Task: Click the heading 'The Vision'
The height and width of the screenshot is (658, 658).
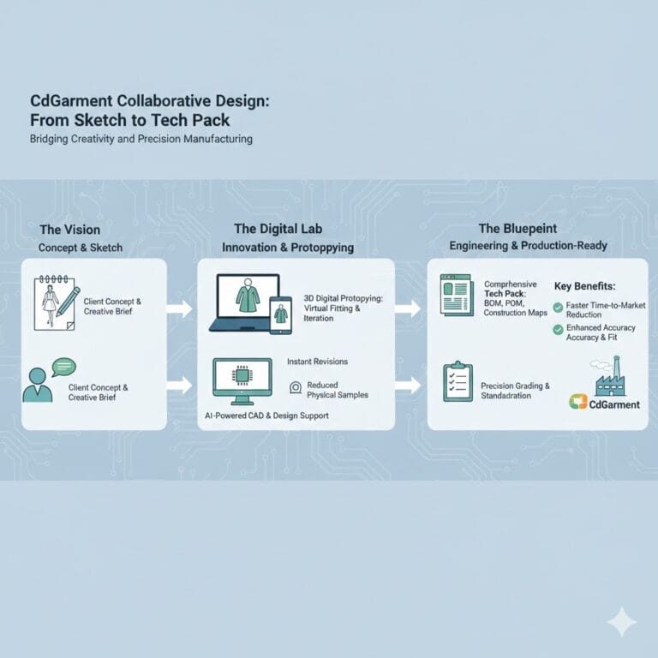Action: pyautogui.click(x=69, y=230)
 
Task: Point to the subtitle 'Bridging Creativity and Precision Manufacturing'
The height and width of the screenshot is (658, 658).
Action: pyautogui.click(x=141, y=139)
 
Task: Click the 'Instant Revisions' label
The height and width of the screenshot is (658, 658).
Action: pyautogui.click(x=317, y=362)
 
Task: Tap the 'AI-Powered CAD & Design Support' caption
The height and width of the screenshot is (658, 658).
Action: pyautogui.click(x=266, y=416)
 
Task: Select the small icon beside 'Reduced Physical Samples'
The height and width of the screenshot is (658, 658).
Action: pyautogui.click(x=296, y=387)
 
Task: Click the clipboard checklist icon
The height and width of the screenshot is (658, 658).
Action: pyautogui.click(x=458, y=381)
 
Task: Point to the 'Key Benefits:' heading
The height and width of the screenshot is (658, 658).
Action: pyautogui.click(x=589, y=286)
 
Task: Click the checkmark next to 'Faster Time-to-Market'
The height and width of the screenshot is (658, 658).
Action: pyautogui.click(x=559, y=307)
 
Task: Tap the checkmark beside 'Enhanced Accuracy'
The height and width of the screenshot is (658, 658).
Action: pyautogui.click(x=559, y=328)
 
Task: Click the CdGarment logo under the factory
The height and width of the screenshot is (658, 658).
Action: pyautogui.click(x=604, y=404)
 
